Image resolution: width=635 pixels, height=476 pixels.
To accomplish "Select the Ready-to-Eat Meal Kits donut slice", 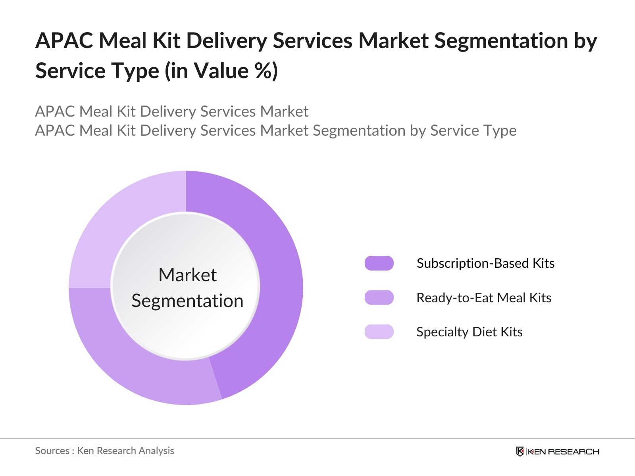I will tap(131, 365).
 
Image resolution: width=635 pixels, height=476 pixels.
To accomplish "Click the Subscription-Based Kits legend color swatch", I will tap(379, 263).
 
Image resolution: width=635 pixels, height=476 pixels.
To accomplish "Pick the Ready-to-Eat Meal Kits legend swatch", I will tap(379, 297).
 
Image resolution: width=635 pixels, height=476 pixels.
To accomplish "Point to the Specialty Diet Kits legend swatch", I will tap(379, 332).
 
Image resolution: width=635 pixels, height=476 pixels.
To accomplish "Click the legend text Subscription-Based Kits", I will tap(485, 263).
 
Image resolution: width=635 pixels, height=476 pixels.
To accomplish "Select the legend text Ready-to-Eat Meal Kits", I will tap(484, 297).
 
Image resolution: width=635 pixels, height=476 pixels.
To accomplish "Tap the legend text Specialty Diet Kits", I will tap(469, 332).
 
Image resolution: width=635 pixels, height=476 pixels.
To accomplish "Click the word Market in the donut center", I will tap(187, 275).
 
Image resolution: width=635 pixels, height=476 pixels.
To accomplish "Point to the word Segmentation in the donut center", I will tap(187, 301).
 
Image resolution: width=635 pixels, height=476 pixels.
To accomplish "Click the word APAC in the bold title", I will tap(64, 41).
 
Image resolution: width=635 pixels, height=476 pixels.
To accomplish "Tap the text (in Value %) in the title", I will tap(221, 71).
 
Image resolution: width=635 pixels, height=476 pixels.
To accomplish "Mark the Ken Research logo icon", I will tap(520, 451).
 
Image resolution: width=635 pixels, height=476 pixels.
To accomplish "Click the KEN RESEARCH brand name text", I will tap(563, 451).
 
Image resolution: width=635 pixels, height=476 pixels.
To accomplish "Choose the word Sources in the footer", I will tap(52, 451).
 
